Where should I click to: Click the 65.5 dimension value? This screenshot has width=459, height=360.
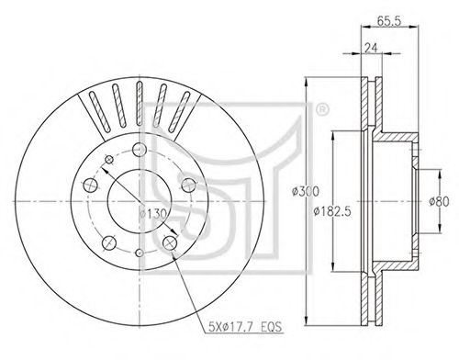click(x=388, y=21)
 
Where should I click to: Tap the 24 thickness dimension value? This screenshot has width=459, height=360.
click(x=371, y=48)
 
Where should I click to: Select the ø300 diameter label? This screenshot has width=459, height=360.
click(x=306, y=191)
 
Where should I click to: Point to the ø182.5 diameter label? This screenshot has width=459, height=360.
click(x=332, y=211)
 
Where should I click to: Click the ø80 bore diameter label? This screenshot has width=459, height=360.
click(x=439, y=202)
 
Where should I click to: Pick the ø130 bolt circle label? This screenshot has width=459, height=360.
click(x=152, y=214)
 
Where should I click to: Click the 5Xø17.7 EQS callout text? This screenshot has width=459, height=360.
click(x=245, y=327)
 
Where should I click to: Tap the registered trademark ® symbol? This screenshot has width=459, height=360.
click(x=321, y=110)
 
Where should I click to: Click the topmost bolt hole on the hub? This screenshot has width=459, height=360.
click(x=140, y=150)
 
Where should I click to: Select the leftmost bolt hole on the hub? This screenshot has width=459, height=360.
click(x=91, y=186)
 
